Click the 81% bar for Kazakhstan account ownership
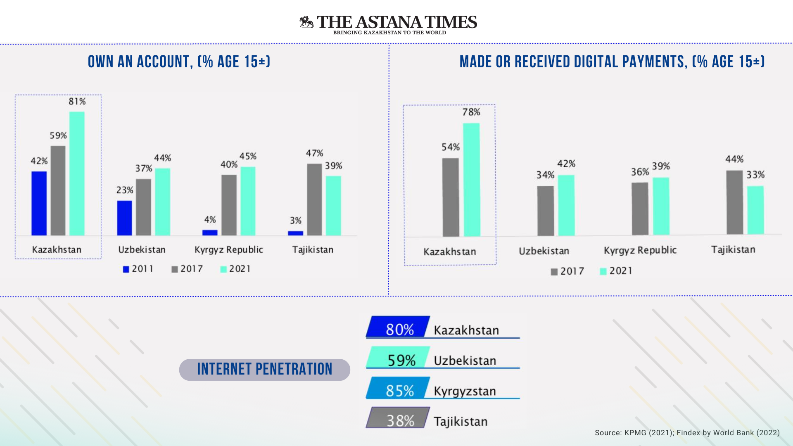tap(77, 173)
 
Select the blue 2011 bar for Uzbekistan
tap(124, 218)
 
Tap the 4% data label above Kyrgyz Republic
tap(210, 220)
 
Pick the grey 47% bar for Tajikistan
tap(314, 199)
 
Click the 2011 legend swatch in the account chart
tap(126, 270)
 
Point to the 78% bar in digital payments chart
tap(471, 180)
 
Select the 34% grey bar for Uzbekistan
tap(546, 211)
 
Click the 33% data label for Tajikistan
tap(755, 175)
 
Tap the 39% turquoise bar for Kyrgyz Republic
tap(661, 206)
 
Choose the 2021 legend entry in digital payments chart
tap(615, 271)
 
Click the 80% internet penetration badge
tap(398, 327)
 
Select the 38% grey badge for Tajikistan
tap(398, 418)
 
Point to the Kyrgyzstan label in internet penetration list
tap(465, 391)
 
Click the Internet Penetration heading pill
tap(264, 370)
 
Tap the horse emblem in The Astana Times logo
tap(306, 22)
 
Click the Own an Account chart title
tap(179, 62)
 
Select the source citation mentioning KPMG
tap(687, 433)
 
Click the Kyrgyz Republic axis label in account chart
tap(228, 250)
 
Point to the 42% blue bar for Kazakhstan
tap(39, 203)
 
